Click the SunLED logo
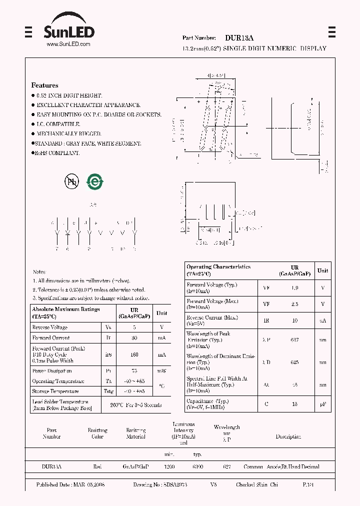tap(68, 33)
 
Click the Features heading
tap(44, 85)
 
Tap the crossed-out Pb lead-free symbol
tap(71, 182)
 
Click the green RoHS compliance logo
tap(94, 182)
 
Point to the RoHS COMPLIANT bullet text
tap(57, 153)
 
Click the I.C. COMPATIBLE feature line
tap(58, 124)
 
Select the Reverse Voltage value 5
tap(133, 327)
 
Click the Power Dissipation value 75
tap(133, 371)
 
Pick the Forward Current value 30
tap(133, 338)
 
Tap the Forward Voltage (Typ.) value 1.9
tap(294, 287)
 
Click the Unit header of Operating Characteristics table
tap(323, 270)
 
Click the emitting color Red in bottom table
tap(97, 466)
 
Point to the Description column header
tap(288, 436)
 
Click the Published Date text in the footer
tap(70, 485)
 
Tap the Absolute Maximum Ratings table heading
tap(66, 312)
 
